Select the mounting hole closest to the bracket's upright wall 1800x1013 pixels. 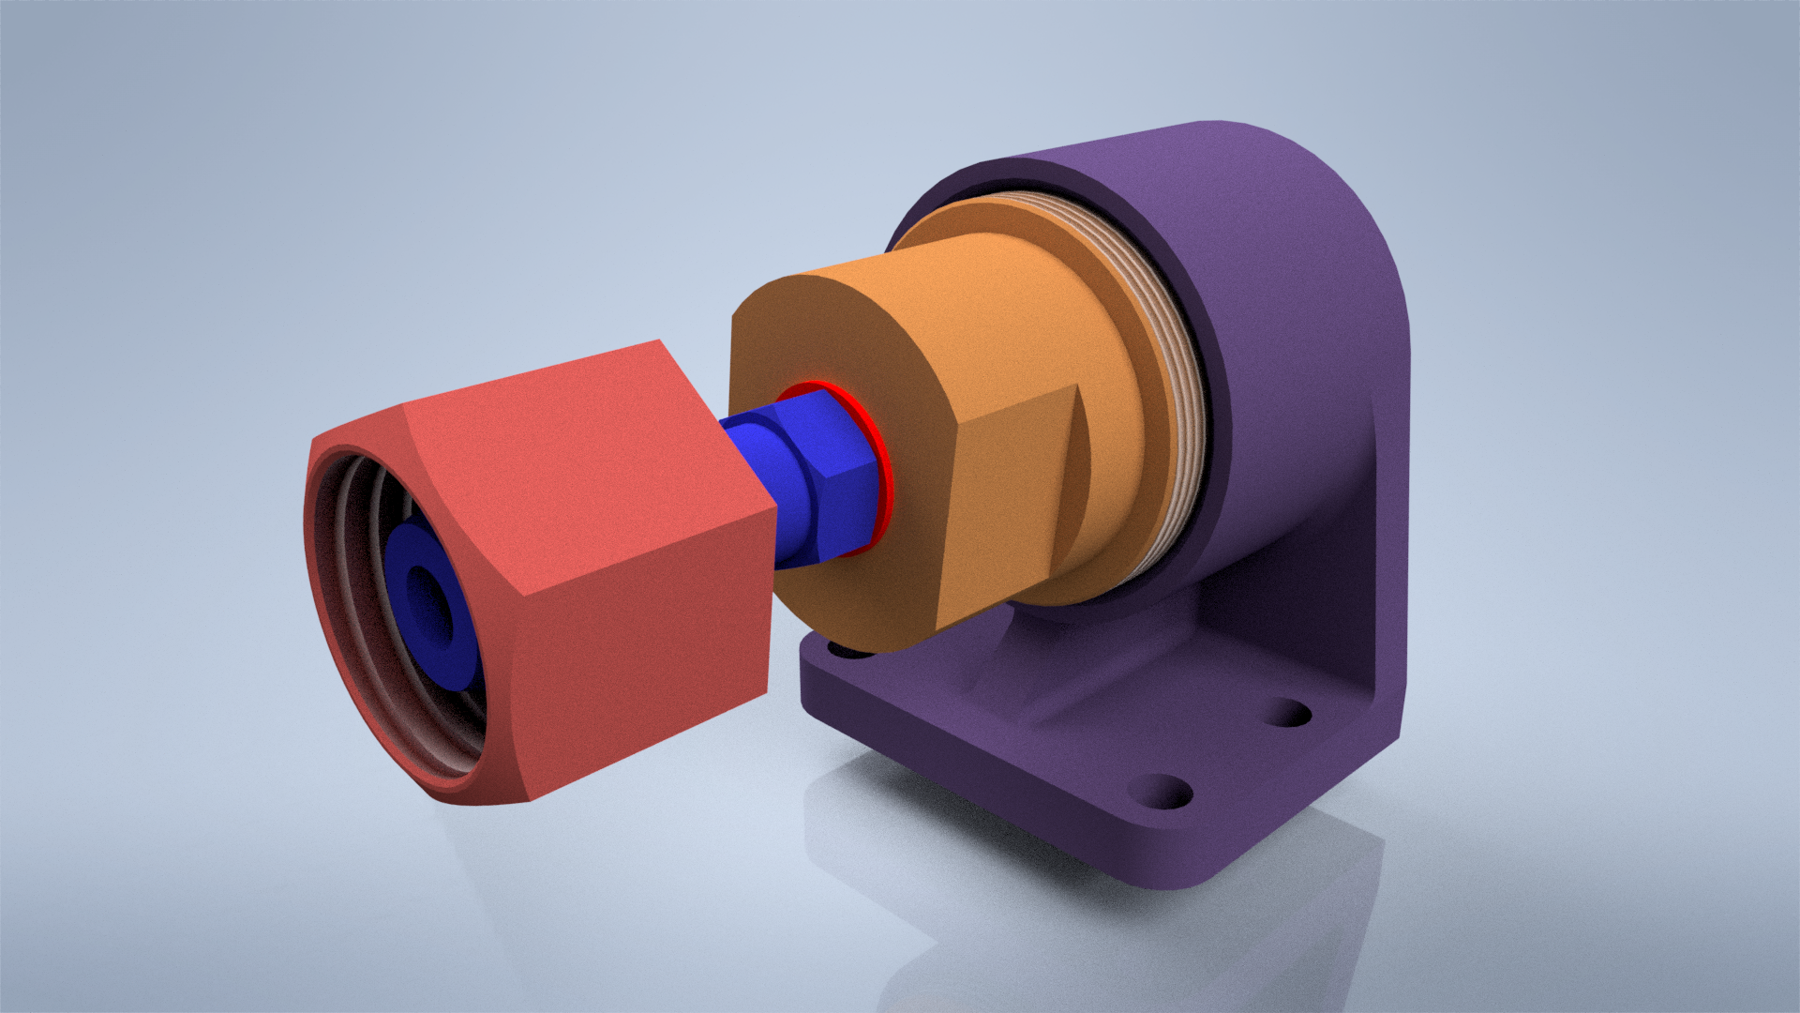tap(1291, 713)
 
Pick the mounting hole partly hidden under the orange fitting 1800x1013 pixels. tap(844, 649)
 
